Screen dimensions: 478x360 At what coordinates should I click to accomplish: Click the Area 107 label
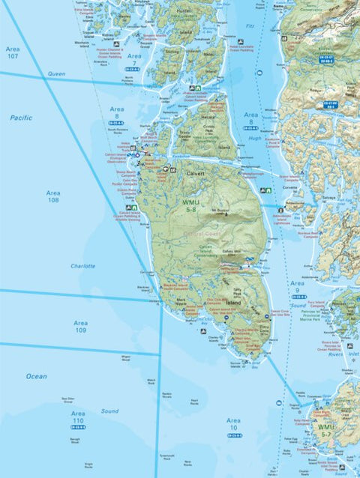pyautogui.click(x=13, y=52)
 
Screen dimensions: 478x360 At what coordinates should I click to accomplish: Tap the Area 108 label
pyautogui.click(x=53, y=196)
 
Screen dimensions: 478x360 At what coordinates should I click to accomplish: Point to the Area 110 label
pyautogui.click(x=78, y=416)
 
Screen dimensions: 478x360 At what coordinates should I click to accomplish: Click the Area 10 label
pyautogui.click(x=234, y=424)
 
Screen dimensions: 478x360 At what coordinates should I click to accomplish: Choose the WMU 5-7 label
pyautogui.click(x=346, y=430)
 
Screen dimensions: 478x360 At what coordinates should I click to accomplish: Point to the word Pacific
pyautogui.click(x=22, y=118)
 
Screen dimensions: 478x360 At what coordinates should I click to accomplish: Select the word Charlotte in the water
pyautogui.click(x=82, y=266)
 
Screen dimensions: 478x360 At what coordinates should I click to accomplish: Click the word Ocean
pyautogui.click(x=37, y=375)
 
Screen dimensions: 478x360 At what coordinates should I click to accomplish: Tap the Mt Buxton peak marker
pyautogui.click(x=220, y=211)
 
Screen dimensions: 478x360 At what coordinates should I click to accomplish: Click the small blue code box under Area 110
pyautogui.click(x=78, y=427)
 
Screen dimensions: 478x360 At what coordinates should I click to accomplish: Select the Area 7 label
pyautogui.click(x=134, y=59)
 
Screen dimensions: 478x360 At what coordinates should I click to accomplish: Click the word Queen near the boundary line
pyautogui.click(x=56, y=74)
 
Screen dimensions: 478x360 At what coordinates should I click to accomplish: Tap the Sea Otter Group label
pyautogui.click(x=68, y=401)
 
